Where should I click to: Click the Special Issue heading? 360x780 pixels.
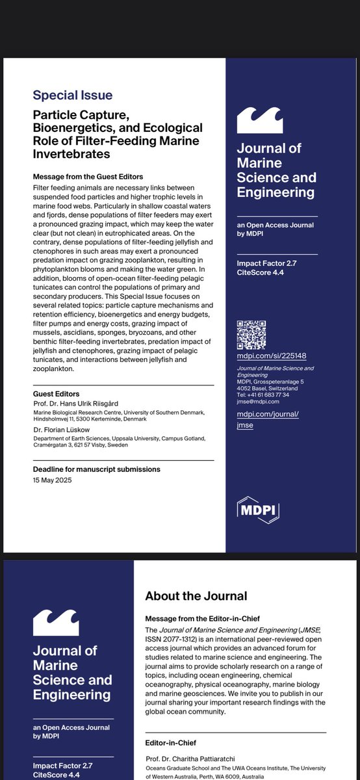(73, 96)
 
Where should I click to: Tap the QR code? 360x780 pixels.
(251, 335)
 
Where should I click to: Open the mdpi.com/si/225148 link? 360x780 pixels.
(271, 356)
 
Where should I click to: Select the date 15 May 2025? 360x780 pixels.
(52, 480)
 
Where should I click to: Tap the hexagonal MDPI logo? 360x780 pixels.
(257, 511)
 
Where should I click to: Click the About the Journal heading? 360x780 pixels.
(196, 595)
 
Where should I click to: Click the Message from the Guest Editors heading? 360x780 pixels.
(87, 177)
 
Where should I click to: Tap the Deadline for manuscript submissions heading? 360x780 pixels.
(96, 469)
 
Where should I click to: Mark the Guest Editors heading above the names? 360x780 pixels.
(56, 394)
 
